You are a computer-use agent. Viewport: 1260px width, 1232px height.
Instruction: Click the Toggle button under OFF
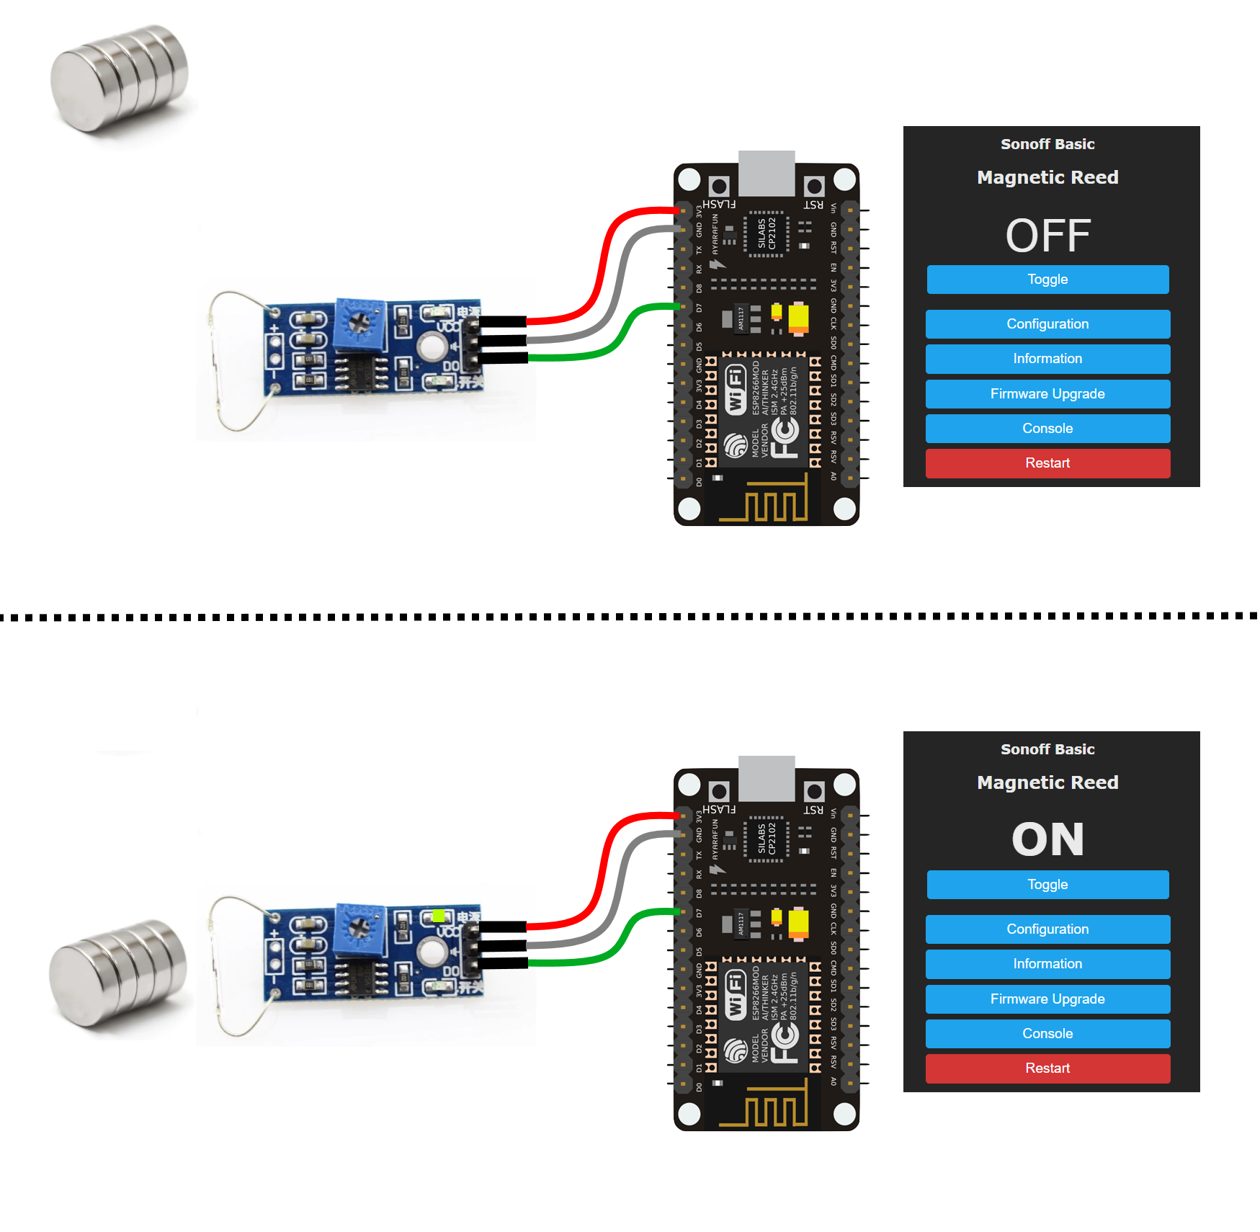coord(1047,280)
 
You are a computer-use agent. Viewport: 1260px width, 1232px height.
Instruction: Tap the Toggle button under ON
coord(1047,885)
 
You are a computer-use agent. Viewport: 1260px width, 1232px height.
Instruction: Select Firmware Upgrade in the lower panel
coord(1047,999)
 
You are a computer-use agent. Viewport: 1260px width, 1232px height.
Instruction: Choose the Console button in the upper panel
coord(1047,429)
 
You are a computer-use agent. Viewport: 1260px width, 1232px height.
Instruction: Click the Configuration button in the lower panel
coord(1047,929)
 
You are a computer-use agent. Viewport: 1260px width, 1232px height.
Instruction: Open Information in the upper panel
coord(1047,359)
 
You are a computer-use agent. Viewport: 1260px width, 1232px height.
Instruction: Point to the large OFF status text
coord(1047,236)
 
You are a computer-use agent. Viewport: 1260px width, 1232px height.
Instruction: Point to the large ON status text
coord(1047,840)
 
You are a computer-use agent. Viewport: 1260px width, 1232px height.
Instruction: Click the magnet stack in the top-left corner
coord(119,79)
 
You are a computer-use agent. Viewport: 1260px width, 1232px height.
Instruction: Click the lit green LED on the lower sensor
coord(438,916)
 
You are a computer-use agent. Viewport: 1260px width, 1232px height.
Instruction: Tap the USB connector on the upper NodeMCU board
coord(767,173)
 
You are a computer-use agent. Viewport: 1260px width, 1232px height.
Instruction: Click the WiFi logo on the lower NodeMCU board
coord(734,995)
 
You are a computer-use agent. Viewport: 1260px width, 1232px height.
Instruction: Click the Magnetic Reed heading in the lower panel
coord(1047,782)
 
